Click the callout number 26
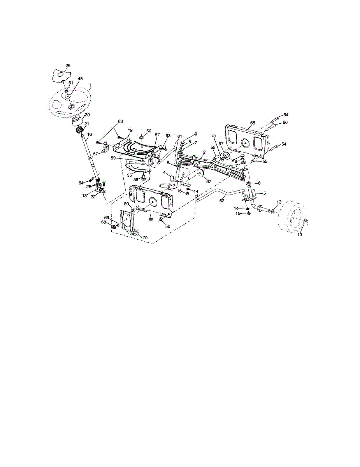pyautogui.click(x=68, y=66)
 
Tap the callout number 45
pyautogui.click(x=80, y=79)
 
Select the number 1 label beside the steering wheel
pyautogui.click(x=90, y=85)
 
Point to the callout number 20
pyautogui.click(x=87, y=115)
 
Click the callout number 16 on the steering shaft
pyautogui.click(x=90, y=134)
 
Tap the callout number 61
pyautogui.click(x=180, y=136)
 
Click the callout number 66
pyautogui.click(x=285, y=123)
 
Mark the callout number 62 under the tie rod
pyautogui.click(x=222, y=201)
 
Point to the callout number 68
pyautogui.click(x=104, y=222)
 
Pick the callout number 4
pyautogui.click(x=165, y=172)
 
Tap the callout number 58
pyautogui.click(x=136, y=180)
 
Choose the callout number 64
pyautogui.click(x=81, y=183)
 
